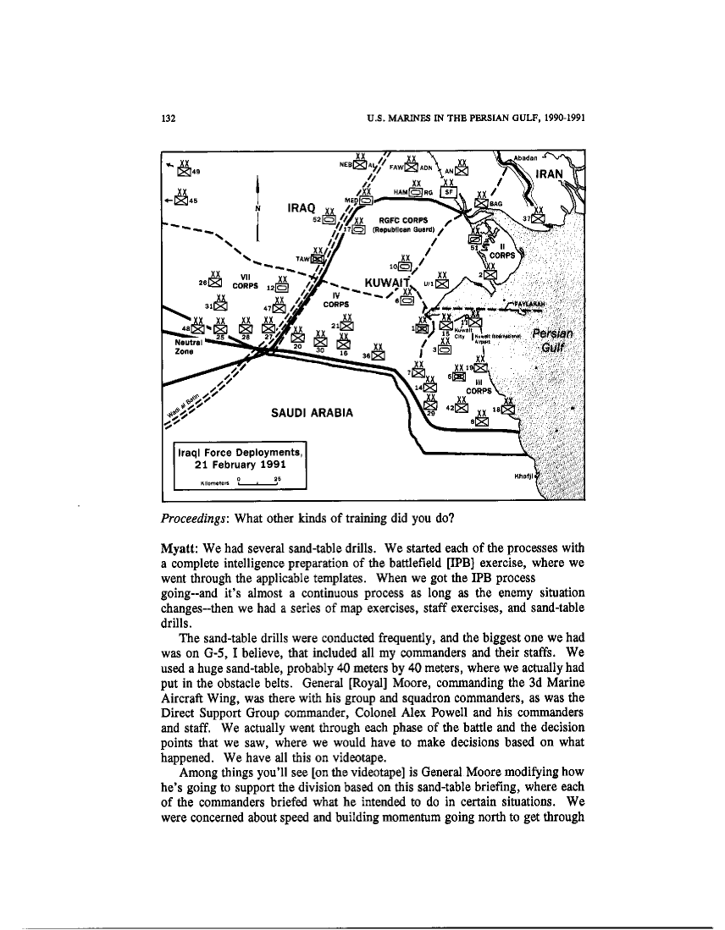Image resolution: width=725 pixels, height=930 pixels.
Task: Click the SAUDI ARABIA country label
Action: pyautogui.click(x=310, y=412)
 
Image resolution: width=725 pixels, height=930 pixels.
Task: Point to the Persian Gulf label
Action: pyautogui.click(x=553, y=339)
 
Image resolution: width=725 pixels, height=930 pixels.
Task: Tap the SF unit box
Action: pyautogui.click(x=450, y=192)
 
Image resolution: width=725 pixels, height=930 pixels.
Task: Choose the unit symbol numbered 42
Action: pyautogui.click(x=462, y=407)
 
